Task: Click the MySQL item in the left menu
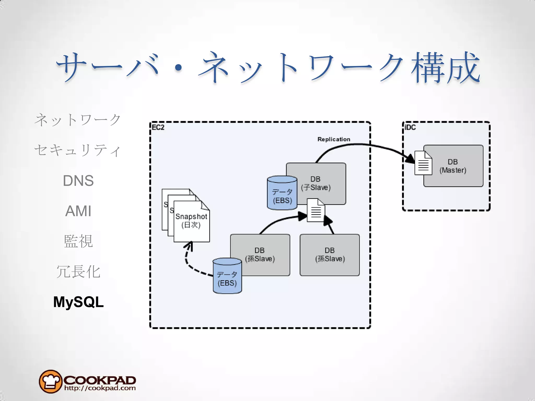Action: pyautogui.click(x=78, y=302)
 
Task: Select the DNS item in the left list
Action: pyautogui.click(x=78, y=181)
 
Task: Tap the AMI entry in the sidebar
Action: pyautogui.click(x=78, y=211)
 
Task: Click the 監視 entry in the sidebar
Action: pyautogui.click(x=78, y=241)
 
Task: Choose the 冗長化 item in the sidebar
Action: pyautogui.click(x=78, y=272)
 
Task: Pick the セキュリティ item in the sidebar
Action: pyautogui.click(x=78, y=150)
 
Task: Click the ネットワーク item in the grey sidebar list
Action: pyautogui.click(x=78, y=120)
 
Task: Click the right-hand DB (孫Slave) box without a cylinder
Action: pyautogui.click(x=330, y=255)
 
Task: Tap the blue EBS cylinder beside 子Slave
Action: pyautogui.click(x=282, y=193)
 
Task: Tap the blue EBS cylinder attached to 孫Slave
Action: pyautogui.click(x=227, y=276)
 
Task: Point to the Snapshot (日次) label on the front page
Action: pyautogui.click(x=191, y=221)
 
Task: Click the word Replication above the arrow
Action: pyautogui.click(x=334, y=139)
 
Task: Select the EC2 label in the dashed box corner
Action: pyautogui.click(x=158, y=127)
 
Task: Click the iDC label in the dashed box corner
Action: pyautogui.click(x=410, y=127)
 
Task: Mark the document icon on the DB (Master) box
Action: pyautogui.click(x=423, y=163)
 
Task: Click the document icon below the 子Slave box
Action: pyautogui.click(x=316, y=210)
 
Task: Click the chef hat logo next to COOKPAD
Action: pyautogui.click(x=50, y=381)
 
